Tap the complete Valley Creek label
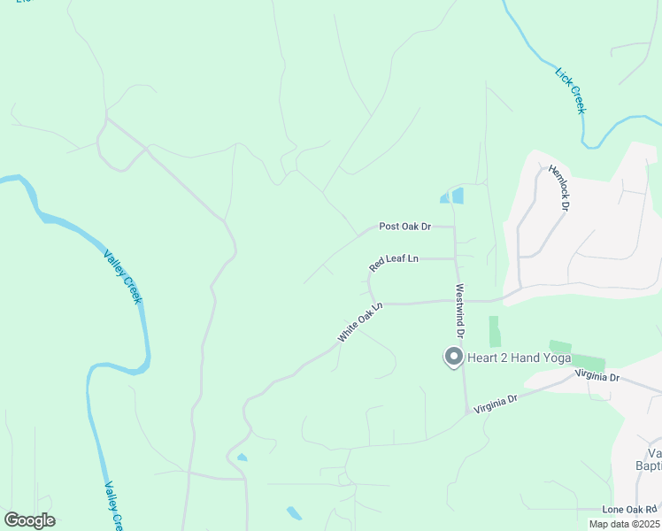[123, 277]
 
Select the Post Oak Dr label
[404, 227]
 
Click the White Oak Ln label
[358, 323]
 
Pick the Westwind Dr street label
[460, 312]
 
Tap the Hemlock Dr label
[558, 187]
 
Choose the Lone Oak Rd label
[630, 510]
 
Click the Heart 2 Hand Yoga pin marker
[453, 358]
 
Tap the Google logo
[29, 520]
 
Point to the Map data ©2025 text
[623, 524]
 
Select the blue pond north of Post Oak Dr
[453, 196]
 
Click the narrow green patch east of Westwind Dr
[494, 331]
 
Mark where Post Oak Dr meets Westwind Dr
[454, 227]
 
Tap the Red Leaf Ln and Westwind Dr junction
[456, 259]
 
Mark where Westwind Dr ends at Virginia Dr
[466, 412]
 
